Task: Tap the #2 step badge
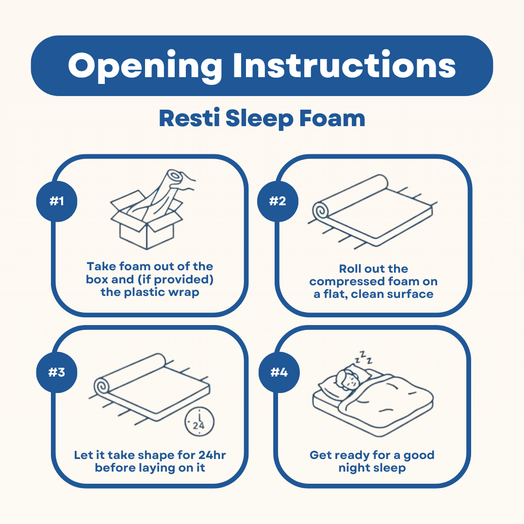[x=278, y=201]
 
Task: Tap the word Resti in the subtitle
[x=189, y=119]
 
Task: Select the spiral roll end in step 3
[x=102, y=387]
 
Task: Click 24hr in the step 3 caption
[x=212, y=455]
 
